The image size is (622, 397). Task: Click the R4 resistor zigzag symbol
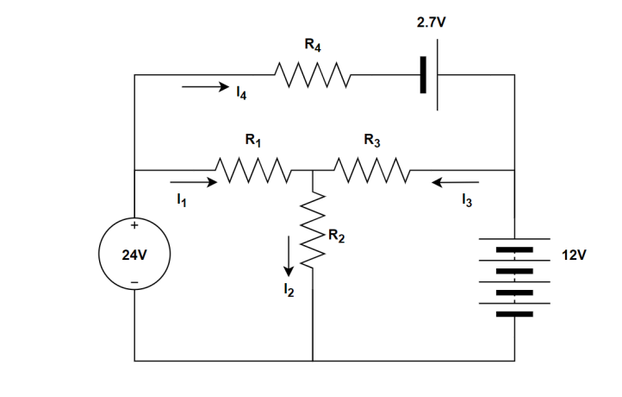click(x=312, y=75)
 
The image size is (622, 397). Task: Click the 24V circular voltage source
click(x=134, y=255)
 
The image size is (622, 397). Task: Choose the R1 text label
click(x=253, y=138)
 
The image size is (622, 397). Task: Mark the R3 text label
click(x=372, y=138)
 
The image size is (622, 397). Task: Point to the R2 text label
click(x=336, y=237)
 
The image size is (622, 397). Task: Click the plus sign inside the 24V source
click(x=134, y=225)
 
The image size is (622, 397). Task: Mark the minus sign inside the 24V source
click(x=134, y=283)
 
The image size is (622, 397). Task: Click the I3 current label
click(x=466, y=202)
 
